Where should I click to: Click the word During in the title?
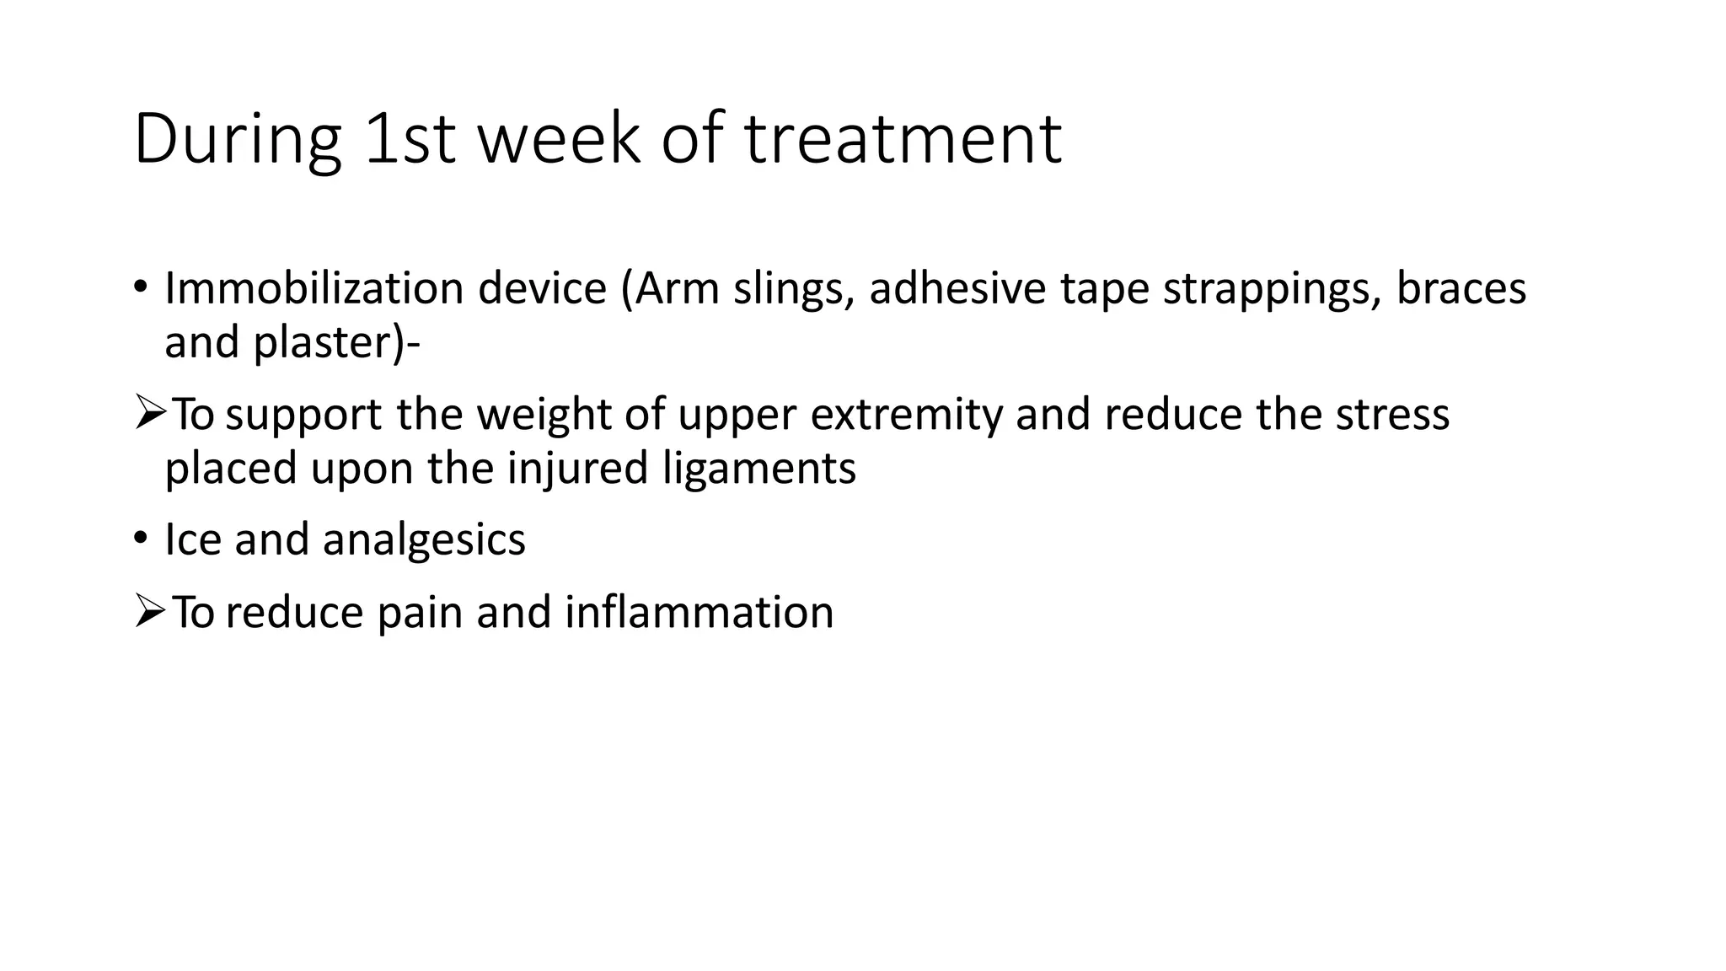pos(237,139)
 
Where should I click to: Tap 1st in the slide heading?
pos(410,139)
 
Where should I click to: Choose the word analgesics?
pos(424,540)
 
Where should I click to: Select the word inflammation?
pos(699,613)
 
